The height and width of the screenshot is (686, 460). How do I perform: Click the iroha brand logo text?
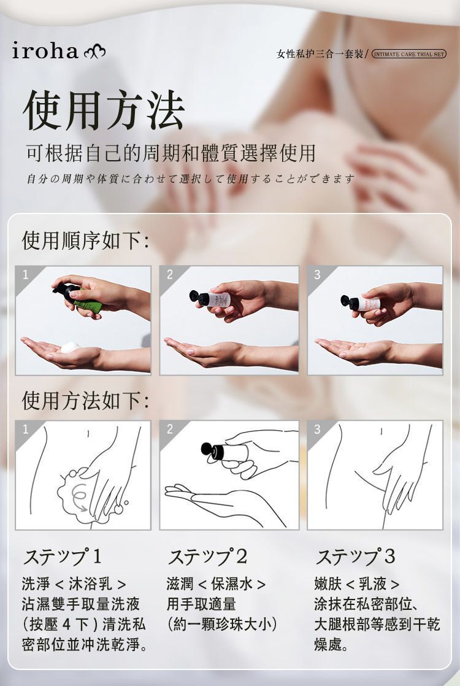coord(45,51)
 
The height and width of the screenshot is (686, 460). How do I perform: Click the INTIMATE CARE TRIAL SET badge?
coord(409,54)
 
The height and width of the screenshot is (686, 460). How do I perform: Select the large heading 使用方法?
coord(104,110)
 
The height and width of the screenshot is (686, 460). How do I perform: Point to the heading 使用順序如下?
coord(85,240)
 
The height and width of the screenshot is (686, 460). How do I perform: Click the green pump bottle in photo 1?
coord(79,298)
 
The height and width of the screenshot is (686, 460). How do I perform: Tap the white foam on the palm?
coord(70,347)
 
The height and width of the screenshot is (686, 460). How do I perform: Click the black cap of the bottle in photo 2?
coord(199,298)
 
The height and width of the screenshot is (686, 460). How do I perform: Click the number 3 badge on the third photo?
coord(317,274)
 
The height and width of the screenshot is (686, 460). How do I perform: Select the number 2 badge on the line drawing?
coord(170,429)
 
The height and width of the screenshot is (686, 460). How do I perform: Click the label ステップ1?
coord(62,557)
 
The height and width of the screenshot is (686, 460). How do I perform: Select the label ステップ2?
coord(207,557)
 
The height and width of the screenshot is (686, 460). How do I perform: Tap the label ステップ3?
coord(355,557)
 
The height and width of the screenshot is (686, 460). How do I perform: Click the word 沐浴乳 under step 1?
coord(90,584)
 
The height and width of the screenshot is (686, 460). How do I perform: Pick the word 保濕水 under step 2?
coord(232,584)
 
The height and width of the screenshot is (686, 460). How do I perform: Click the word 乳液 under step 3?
coord(372,584)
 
